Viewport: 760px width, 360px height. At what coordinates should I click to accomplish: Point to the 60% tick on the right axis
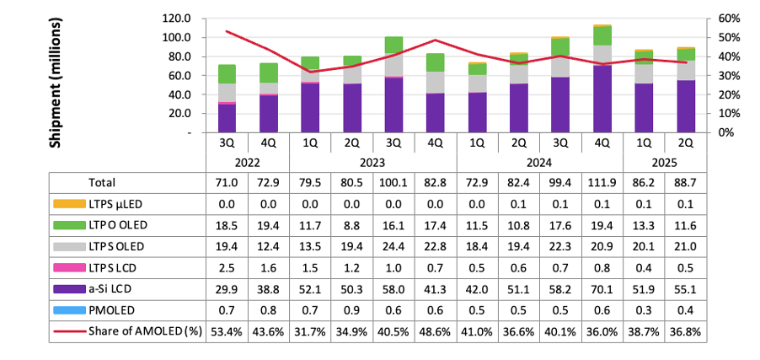(730, 18)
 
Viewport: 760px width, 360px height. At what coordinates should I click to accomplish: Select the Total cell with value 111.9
(602, 182)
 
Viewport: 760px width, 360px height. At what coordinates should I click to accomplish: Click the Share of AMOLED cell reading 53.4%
(227, 330)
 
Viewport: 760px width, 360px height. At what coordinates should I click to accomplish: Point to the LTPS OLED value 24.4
(393, 246)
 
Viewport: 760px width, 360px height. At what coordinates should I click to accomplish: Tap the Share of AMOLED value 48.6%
(435, 330)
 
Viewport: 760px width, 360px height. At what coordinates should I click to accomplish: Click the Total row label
(102, 182)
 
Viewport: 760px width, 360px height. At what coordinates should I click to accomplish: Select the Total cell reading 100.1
(393, 182)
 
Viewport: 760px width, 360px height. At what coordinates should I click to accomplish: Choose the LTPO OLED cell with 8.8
(352, 227)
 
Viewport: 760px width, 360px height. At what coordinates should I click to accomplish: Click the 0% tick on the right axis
(726, 132)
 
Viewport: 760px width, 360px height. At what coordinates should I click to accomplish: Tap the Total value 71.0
(227, 182)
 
